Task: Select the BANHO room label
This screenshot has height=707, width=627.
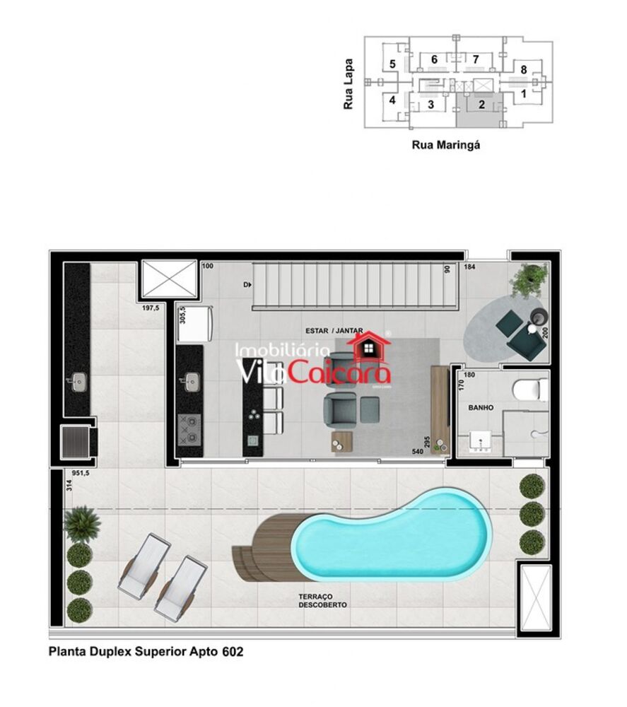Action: pos(481,407)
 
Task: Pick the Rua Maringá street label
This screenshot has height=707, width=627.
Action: pos(446,145)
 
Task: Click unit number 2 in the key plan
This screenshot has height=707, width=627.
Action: pos(481,105)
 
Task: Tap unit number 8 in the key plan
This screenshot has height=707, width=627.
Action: pos(523,69)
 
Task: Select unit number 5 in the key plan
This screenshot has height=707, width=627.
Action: pos(392,64)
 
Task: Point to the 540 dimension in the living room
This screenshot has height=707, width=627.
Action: pos(420,451)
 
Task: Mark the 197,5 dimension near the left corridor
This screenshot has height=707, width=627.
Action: pos(150,309)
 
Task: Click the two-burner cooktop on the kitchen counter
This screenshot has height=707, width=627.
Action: pos(189,426)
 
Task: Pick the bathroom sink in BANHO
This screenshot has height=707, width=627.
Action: pos(480,442)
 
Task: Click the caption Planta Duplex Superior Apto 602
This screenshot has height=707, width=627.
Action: pos(146,652)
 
